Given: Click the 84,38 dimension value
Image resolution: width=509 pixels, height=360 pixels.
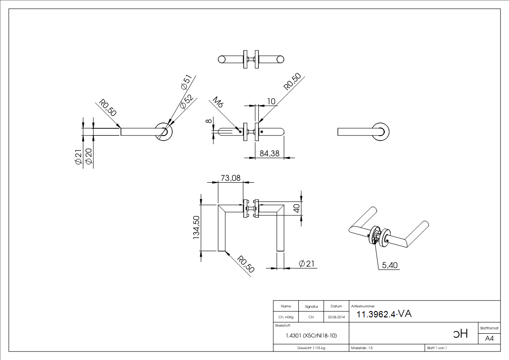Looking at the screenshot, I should click(x=270, y=153).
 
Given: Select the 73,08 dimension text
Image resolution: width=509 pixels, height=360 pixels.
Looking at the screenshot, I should click(x=230, y=178).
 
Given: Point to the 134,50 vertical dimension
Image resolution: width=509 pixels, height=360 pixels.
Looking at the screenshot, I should click(x=196, y=228).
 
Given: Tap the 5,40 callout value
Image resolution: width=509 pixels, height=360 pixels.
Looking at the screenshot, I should click(x=390, y=265).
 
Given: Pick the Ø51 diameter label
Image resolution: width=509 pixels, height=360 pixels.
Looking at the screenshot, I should click(x=186, y=82).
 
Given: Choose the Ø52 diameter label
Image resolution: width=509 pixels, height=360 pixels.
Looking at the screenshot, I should click(x=186, y=102).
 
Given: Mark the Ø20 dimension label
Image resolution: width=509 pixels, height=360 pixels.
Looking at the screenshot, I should click(x=89, y=156).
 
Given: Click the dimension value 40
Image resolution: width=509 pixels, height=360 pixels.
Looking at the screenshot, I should click(x=296, y=209).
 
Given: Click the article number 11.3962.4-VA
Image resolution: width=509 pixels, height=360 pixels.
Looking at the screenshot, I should click(x=384, y=314).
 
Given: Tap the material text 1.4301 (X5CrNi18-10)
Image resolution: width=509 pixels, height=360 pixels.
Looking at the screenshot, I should click(x=311, y=336).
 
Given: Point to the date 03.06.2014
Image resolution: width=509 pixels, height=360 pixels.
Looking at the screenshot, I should click(x=336, y=317).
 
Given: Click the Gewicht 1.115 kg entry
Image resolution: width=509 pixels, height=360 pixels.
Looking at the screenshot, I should click(x=311, y=348).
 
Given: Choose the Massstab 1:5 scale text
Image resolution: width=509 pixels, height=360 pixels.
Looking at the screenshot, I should click(x=362, y=348).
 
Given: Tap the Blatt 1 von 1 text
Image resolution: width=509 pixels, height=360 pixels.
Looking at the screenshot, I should click(x=437, y=348).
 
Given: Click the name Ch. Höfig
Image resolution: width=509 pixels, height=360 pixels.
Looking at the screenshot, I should click(x=286, y=317).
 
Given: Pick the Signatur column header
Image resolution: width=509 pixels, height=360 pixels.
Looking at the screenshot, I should click(x=311, y=306).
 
